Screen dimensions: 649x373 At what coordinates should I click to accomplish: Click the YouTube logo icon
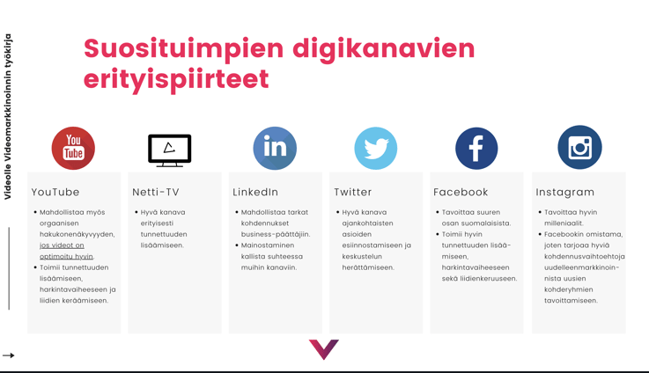[x=73, y=148]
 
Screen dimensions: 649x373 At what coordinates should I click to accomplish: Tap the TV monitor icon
[x=170, y=150]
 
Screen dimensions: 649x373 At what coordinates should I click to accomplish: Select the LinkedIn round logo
[x=275, y=148]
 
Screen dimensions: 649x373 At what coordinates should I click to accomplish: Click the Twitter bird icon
[x=376, y=148]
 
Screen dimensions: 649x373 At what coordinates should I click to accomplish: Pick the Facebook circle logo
[x=476, y=148]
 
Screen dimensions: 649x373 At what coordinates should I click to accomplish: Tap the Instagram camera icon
[x=579, y=147]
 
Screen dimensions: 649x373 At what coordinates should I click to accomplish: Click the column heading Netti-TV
[x=156, y=192]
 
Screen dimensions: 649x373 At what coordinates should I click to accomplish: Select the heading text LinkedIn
[x=255, y=192]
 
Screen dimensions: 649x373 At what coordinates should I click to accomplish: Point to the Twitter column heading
[x=352, y=192]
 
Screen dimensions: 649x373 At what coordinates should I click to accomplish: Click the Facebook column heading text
[x=461, y=192]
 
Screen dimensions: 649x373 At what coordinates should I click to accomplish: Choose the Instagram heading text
[x=565, y=193]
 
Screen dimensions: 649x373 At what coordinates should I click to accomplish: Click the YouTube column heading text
[x=55, y=192]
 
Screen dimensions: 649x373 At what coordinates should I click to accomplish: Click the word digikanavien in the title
[x=384, y=49]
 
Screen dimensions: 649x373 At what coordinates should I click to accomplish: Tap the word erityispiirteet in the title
[x=176, y=79]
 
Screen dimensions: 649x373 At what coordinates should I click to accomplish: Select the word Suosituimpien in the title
[x=184, y=49]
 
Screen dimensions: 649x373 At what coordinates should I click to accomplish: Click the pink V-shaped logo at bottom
[x=324, y=349]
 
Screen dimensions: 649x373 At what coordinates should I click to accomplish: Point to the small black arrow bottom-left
[x=8, y=355]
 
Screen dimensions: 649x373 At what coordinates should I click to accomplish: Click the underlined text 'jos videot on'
[x=63, y=245]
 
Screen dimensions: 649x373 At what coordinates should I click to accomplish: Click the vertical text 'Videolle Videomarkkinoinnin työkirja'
[x=7, y=117]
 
